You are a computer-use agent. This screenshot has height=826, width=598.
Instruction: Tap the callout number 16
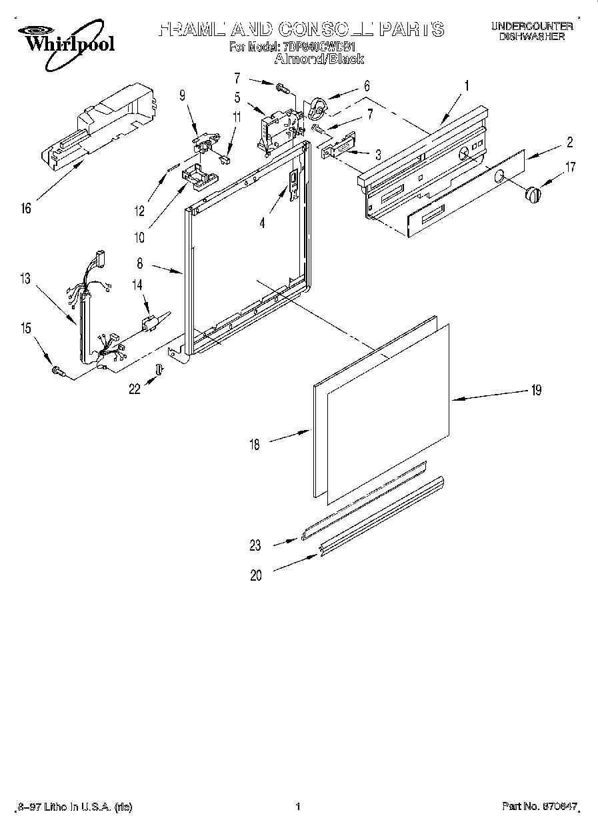25,209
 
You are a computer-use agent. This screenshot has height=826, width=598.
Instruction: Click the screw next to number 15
56,371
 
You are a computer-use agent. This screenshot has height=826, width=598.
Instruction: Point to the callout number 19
536,391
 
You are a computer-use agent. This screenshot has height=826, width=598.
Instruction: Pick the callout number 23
255,545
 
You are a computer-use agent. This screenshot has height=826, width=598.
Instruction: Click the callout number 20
256,576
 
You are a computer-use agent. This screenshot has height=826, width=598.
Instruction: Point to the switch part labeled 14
151,321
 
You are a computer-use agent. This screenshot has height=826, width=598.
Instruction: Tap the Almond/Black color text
319,59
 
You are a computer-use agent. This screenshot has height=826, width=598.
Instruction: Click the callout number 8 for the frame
140,263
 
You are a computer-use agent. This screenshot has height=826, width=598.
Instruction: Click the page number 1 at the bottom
297,807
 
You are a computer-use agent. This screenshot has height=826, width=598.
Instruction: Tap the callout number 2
570,141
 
